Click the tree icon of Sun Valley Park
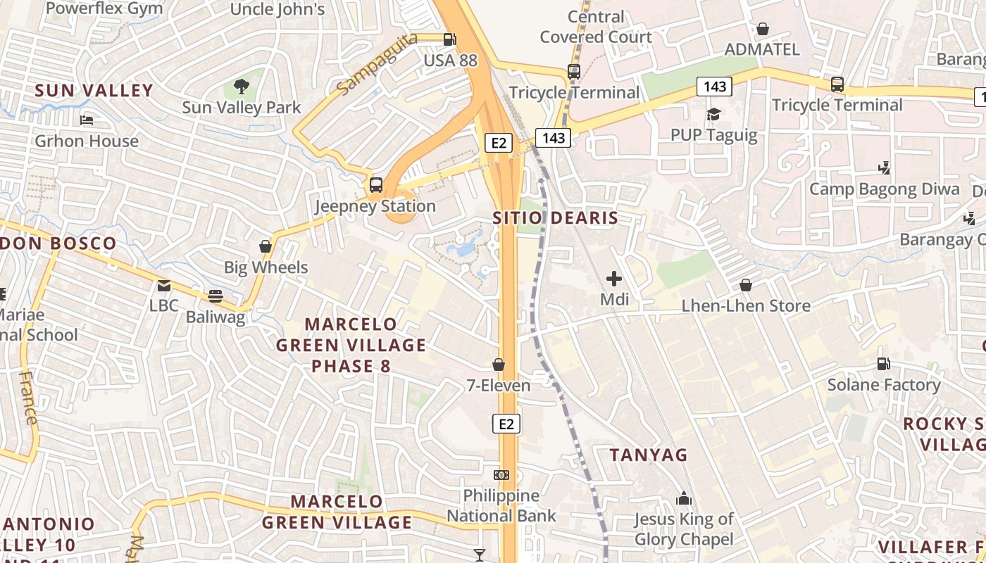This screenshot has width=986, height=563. pyautogui.click(x=242, y=87)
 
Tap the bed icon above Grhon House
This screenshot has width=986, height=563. pyautogui.click(x=87, y=120)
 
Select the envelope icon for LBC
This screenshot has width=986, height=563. pyautogui.click(x=164, y=286)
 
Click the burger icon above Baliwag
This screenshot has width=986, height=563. pyautogui.click(x=216, y=296)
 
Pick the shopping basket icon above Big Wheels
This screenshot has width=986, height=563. pyautogui.click(x=266, y=246)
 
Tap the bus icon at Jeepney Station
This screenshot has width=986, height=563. pyautogui.click(x=376, y=185)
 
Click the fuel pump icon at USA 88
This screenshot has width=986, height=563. pyautogui.click(x=450, y=39)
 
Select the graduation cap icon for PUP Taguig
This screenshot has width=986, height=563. pyautogui.click(x=714, y=114)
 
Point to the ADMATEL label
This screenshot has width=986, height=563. pyautogui.click(x=762, y=49)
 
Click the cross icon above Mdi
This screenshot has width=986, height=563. pyautogui.click(x=614, y=279)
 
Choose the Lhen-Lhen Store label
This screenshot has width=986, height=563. pyautogui.click(x=746, y=306)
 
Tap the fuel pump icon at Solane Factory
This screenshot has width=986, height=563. pyautogui.click(x=883, y=364)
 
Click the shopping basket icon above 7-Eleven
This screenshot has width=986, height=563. pyautogui.click(x=499, y=365)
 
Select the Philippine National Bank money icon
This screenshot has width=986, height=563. pyautogui.click(x=501, y=475)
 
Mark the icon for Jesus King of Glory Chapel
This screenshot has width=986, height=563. pyautogui.click(x=684, y=499)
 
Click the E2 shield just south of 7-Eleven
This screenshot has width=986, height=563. pyautogui.click(x=506, y=424)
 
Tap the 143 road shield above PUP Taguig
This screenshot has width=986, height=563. pyautogui.click(x=714, y=87)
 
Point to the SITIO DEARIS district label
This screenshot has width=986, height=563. pyautogui.click(x=555, y=218)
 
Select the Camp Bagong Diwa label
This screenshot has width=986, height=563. pyautogui.click(x=884, y=189)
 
